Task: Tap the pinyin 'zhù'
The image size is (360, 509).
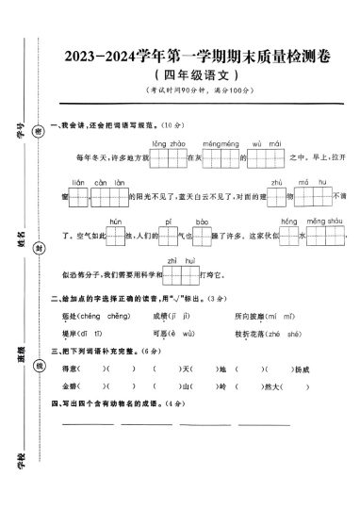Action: tap(276, 181)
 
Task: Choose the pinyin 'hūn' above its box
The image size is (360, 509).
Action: tap(116, 220)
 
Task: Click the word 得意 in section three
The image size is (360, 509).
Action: tap(68, 368)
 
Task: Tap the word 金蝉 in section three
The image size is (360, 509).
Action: tap(68, 385)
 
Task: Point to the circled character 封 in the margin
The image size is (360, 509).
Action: tap(39, 248)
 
